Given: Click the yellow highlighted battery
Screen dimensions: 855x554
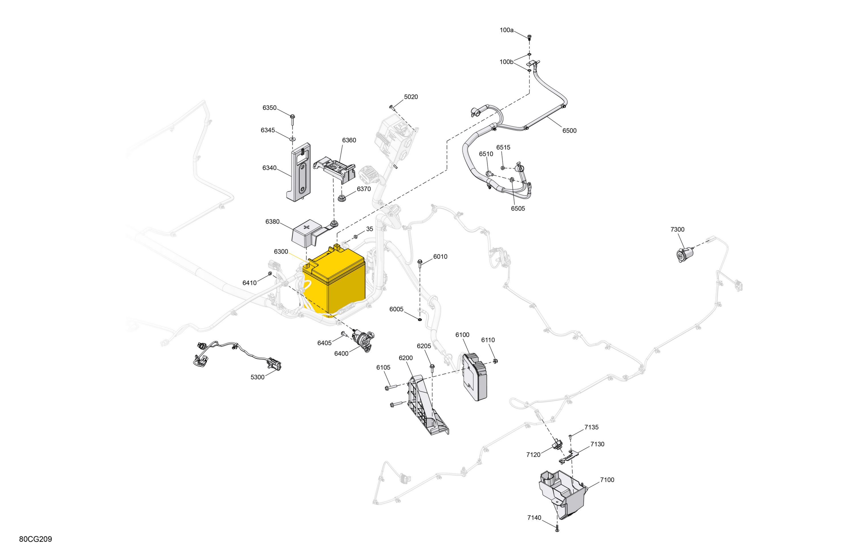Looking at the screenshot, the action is point(334,280).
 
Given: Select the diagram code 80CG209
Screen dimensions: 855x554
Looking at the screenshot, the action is point(36,539).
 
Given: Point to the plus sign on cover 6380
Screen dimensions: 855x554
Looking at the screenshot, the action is point(306,227).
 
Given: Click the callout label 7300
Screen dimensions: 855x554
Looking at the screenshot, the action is point(677,229).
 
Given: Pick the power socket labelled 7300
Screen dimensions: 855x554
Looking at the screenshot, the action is point(684,255).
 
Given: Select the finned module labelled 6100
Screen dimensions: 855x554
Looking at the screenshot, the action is point(475,377).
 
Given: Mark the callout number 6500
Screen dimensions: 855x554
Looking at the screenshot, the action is point(569,131).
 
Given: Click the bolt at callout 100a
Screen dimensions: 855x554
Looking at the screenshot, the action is point(529,37).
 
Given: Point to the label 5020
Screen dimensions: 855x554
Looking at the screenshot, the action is point(411,97).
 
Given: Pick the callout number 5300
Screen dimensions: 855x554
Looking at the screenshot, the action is point(258,377).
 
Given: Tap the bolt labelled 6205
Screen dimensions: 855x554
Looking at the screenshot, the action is point(432,368).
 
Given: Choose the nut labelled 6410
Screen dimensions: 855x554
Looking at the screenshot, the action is point(270,274).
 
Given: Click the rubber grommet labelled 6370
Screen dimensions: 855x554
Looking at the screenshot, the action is point(341,198).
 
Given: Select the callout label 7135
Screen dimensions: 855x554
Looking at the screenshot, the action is point(591,427).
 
